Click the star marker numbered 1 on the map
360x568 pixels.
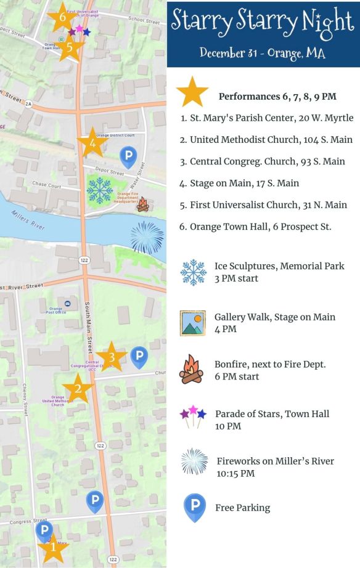pyautogui.click(x=52, y=546)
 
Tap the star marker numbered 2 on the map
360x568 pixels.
pyautogui.click(x=78, y=389)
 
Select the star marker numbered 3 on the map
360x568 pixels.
pyautogui.click(x=112, y=357)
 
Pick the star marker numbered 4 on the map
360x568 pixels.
pyautogui.click(x=92, y=144)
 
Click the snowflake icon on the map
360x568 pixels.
pyautogui.click(x=100, y=190)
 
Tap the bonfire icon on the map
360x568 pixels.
pyautogui.click(x=143, y=205)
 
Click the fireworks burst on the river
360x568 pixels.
pyautogui.click(x=147, y=237)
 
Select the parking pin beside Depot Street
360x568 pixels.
pyautogui.click(x=128, y=156)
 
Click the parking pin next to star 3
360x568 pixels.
pyautogui.click(x=139, y=357)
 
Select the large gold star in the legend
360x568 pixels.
pyautogui.click(x=192, y=93)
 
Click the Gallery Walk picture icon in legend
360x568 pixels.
pyautogui.click(x=192, y=323)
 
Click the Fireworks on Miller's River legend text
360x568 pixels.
pyautogui.click(x=275, y=461)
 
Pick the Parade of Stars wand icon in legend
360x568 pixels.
pyautogui.click(x=192, y=416)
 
